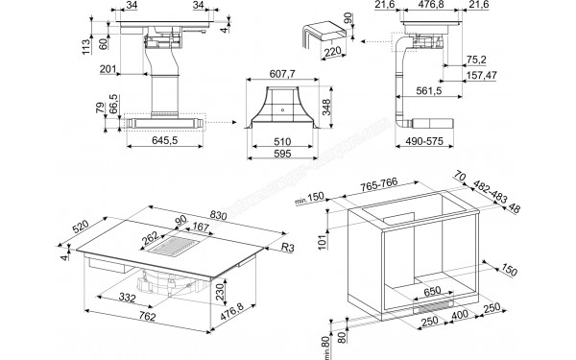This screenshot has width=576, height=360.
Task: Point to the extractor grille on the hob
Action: pos(168,249)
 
